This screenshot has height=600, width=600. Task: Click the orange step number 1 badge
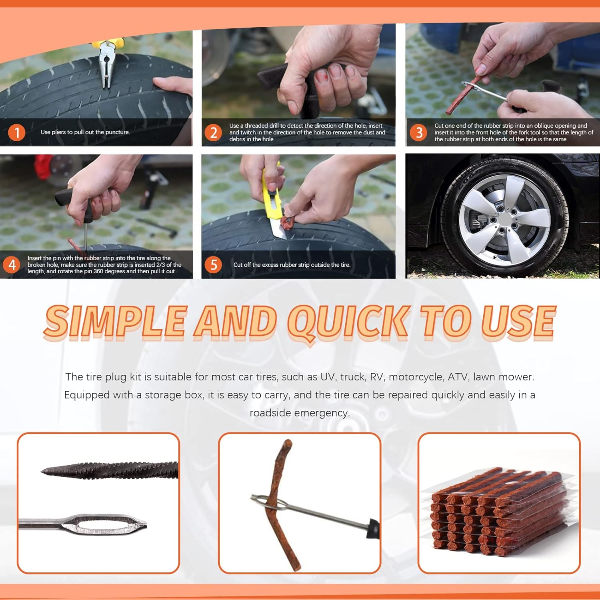[17, 132]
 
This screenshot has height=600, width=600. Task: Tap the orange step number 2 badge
[214, 132]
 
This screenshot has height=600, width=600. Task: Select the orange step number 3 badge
[419, 132]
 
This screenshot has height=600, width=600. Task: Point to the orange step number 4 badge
[12, 264]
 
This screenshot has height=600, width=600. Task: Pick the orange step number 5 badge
[214, 264]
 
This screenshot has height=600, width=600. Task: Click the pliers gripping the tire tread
[106, 64]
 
